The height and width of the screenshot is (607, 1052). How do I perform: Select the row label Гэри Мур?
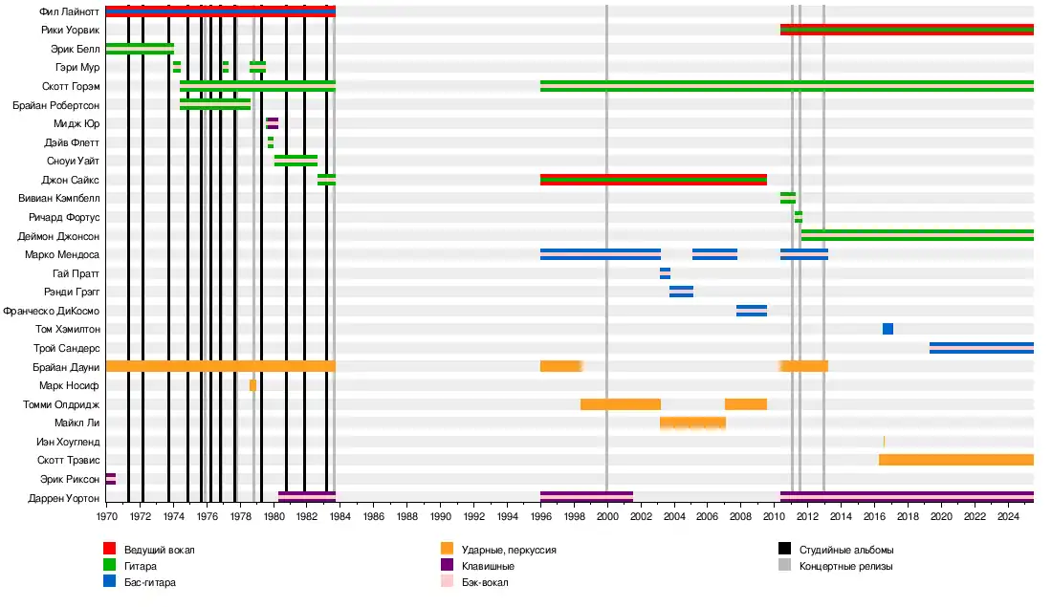point(77,67)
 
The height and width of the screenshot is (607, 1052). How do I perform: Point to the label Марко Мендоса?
point(63,254)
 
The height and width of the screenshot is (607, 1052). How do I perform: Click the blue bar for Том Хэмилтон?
point(888,329)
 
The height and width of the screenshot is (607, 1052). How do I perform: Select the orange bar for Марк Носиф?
point(252,385)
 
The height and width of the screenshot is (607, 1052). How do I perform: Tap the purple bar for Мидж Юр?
point(273,123)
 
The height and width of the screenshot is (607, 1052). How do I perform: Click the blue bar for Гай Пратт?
point(665,273)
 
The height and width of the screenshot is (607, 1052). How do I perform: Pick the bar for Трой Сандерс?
point(981,348)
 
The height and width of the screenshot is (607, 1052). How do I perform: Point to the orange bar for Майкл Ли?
point(692,423)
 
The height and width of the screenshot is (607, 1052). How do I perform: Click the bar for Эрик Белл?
point(140,49)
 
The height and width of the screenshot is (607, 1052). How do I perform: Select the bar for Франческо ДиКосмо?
point(752,311)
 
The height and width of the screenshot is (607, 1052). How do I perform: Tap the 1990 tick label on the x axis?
point(441,517)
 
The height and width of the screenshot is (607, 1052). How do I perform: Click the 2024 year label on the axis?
point(1008,517)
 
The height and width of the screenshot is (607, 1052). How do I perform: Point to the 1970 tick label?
point(106,517)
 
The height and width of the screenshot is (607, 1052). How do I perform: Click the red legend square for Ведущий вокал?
point(110,549)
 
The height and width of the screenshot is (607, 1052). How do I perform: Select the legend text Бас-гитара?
point(150,581)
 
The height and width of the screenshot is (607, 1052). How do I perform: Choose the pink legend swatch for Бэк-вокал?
point(447,581)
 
